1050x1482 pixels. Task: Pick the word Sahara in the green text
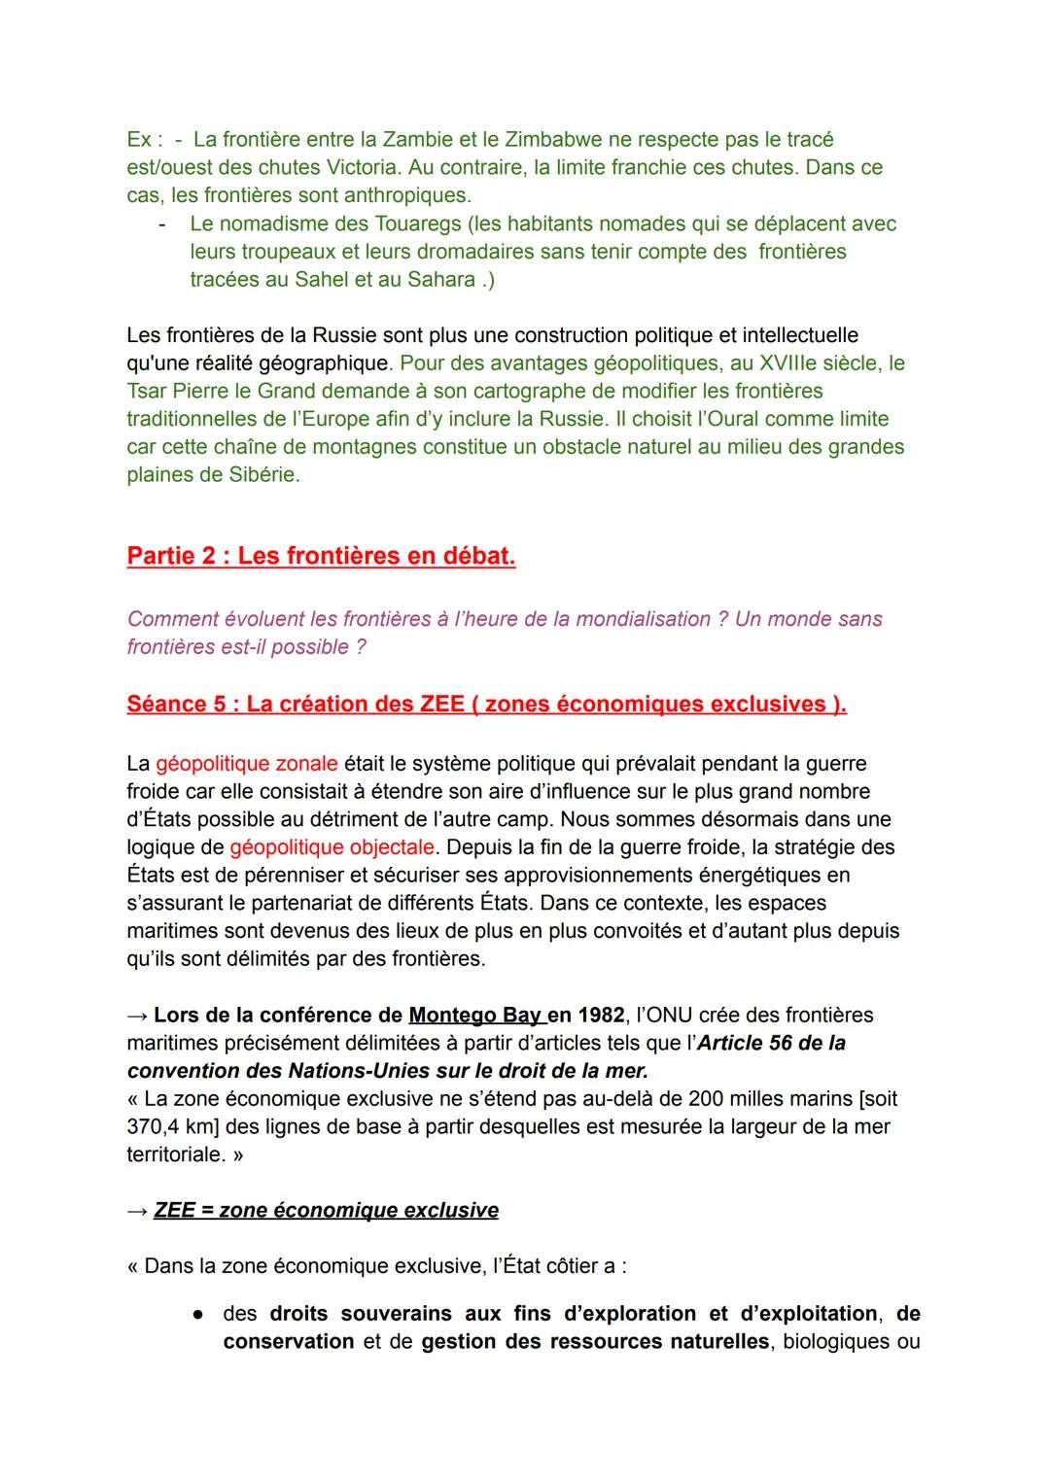click(443, 281)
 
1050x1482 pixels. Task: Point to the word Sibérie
click(262, 476)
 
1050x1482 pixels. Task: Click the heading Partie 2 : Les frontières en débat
click(321, 557)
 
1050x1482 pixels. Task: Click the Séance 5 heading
click(486, 705)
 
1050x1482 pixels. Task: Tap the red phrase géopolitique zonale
click(246, 765)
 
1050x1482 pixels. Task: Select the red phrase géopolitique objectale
click(332, 848)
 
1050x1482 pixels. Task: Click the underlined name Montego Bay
click(475, 1017)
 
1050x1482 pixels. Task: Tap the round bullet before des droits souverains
click(196, 1315)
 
